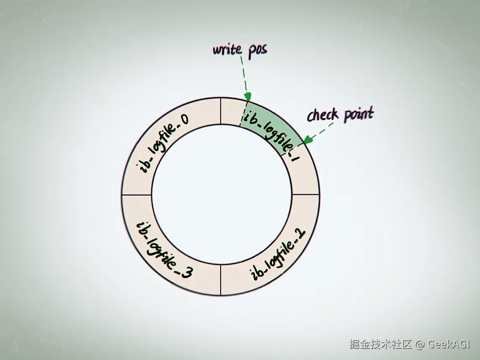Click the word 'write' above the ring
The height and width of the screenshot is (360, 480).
pyautogui.click(x=227, y=49)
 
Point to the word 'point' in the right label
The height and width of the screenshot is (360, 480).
pyautogui.click(x=358, y=114)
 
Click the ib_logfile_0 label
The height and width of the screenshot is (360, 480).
pyautogui.click(x=164, y=143)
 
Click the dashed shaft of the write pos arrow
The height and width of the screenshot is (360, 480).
pyautogui.click(x=244, y=76)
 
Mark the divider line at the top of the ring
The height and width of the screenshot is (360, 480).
pyautogui.click(x=221, y=111)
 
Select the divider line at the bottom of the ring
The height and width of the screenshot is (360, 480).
pyautogui.click(x=221, y=280)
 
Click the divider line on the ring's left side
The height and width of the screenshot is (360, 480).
pyautogui.click(x=137, y=195)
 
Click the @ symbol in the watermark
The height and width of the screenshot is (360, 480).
pyautogui.click(x=420, y=344)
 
